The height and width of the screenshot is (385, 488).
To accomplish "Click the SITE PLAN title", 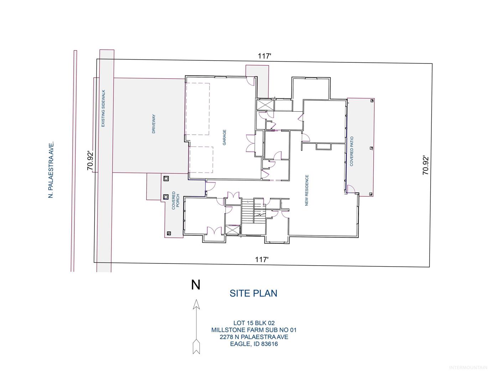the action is pyautogui.click(x=253, y=293).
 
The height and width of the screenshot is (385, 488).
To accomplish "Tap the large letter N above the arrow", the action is pyautogui.click(x=196, y=285).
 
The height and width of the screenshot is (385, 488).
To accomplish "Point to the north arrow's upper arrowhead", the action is pyautogui.click(x=196, y=304).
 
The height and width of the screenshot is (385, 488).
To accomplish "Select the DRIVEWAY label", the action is pyautogui.click(x=154, y=124).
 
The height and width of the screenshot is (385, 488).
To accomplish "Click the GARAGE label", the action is pyautogui.click(x=224, y=137).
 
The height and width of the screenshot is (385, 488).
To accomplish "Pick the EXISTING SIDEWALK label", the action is pyautogui.click(x=103, y=108).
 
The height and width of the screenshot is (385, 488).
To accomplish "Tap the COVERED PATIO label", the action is pyautogui.click(x=352, y=151).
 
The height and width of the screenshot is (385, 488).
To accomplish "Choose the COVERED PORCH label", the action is pyautogui.click(x=176, y=200).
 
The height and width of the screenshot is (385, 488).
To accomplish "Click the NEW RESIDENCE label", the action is pyautogui.click(x=307, y=190).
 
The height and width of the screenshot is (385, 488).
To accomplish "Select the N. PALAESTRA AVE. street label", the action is pyautogui.click(x=51, y=170).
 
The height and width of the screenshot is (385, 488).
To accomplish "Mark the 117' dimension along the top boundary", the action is pyautogui.click(x=264, y=56).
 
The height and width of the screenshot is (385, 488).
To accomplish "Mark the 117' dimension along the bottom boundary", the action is pyautogui.click(x=262, y=260).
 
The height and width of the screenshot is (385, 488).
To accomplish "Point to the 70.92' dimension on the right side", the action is pyautogui.click(x=426, y=165).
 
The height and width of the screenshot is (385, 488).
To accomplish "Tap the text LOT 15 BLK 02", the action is pyautogui.click(x=254, y=323).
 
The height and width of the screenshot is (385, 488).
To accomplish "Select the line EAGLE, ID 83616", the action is pyautogui.click(x=254, y=344).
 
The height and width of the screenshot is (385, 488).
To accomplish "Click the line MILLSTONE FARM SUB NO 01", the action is pyautogui.click(x=254, y=330).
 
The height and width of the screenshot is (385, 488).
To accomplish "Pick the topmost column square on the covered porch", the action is pyautogui.click(x=166, y=179).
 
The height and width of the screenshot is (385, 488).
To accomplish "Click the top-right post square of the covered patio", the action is pyautogui.click(x=372, y=101).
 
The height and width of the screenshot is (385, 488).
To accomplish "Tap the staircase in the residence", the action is pyautogui.click(x=248, y=211).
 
